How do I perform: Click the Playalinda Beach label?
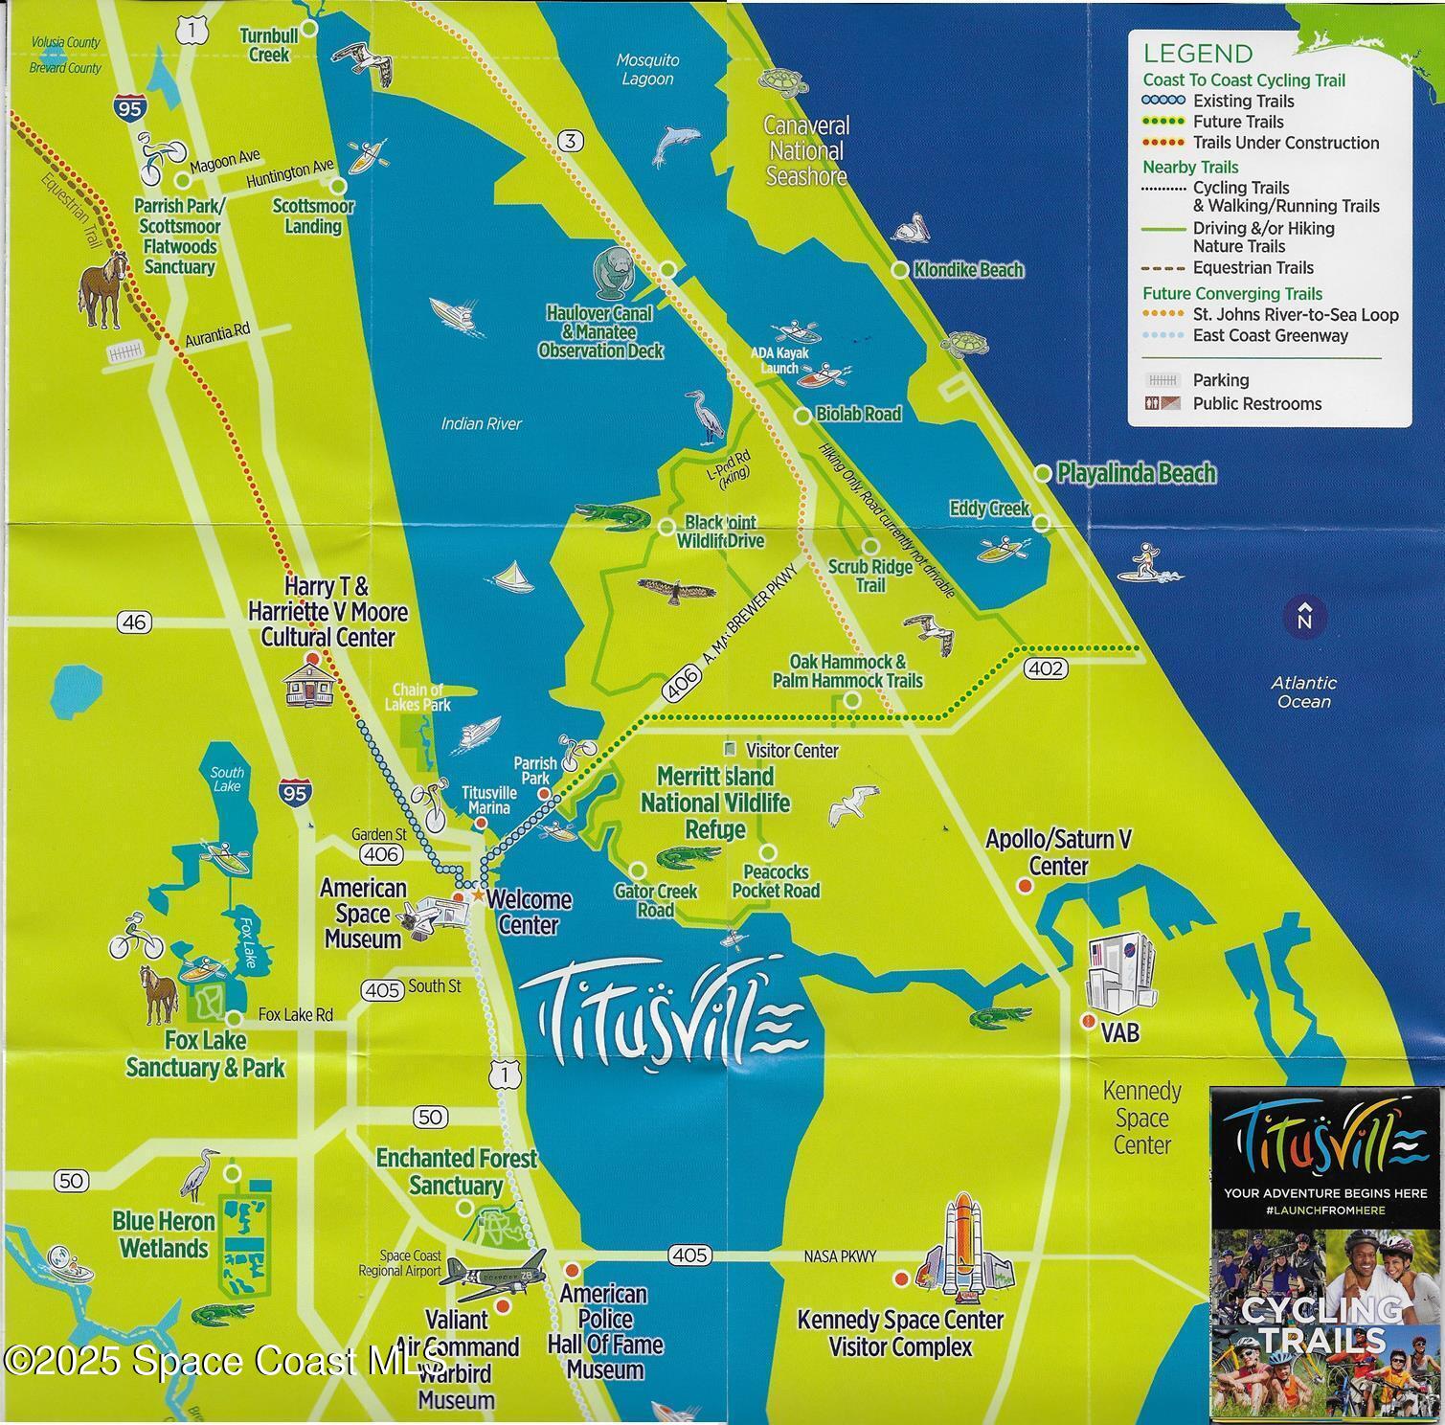(1136, 473)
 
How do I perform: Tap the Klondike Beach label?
(968, 270)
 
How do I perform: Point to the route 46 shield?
(134, 622)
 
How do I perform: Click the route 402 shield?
(1044, 668)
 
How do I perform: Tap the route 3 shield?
(570, 142)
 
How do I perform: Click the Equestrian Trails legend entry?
(1253, 268)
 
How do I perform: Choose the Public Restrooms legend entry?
(1256, 404)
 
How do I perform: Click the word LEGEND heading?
(1197, 54)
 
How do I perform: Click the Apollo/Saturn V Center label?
(1058, 852)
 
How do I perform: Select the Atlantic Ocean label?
(1303, 691)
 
